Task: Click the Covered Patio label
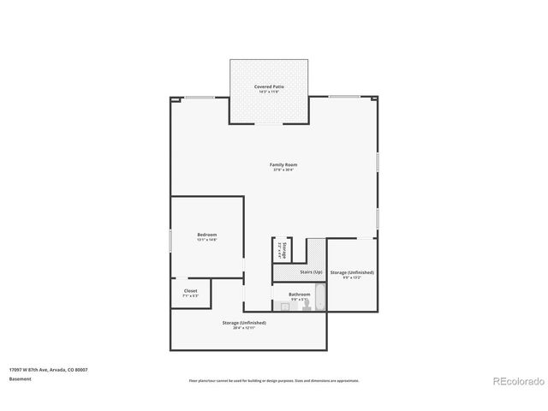[x=269, y=86]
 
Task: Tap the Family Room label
[x=283, y=164]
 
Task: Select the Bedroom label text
[x=207, y=235]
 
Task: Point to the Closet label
[x=190, y=290]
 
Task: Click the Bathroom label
[x=299, y=294]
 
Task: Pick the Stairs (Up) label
[x=311, y=271]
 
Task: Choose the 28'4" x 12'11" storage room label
[x=244, y=328]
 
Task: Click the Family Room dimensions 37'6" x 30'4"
[x=283, y=170]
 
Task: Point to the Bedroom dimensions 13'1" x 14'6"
[x=207, y=240]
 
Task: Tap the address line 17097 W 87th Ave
[x=48, y=369]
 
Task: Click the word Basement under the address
[x=20, y=378]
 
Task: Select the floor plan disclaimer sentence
[x=274, y=380]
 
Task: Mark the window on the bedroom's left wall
[x=170, y=241]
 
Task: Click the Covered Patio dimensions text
[x=269, y=92]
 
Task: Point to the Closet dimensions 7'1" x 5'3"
[x=190, y=295]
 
